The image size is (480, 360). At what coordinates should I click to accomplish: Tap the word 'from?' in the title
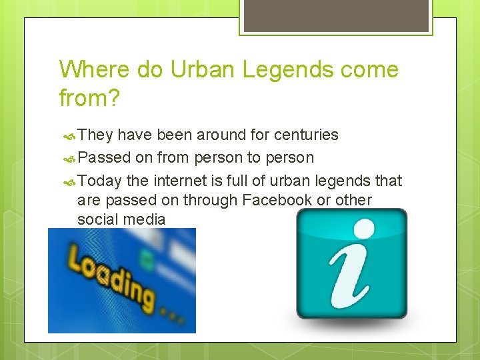click(89, 99)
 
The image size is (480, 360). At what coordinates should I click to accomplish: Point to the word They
click(95, 135)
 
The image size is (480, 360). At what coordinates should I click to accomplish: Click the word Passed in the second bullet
click(104, 158)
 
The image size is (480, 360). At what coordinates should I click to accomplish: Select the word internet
click(180, 181)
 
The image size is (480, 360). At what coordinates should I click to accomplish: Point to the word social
click(96, 219)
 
